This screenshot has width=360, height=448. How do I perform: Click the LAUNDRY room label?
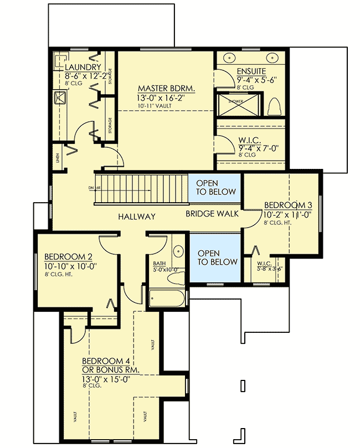tap(83, 68)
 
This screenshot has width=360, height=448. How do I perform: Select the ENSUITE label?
tap(251, 71)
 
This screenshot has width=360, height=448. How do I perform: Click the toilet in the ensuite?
tap(274, 105)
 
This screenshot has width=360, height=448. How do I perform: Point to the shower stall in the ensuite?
tap(235, 104)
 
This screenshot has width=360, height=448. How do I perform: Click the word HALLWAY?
tap(136, 217)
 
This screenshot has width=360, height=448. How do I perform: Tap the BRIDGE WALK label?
tap(207, 213)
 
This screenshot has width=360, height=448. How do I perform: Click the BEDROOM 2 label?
tap(68, 256)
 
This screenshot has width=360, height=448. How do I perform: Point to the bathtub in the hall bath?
tap(166, 299)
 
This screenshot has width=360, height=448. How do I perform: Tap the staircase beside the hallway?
tap(141, 189)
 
